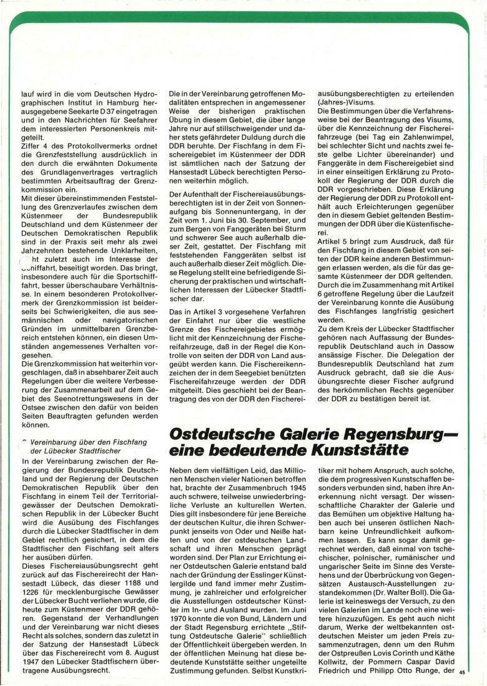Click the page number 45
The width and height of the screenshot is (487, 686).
pyautogui.click(x=462, y=672)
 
